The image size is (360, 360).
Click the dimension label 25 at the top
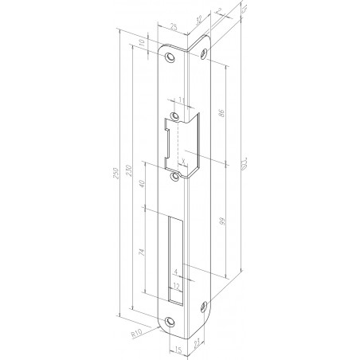click(174, 26)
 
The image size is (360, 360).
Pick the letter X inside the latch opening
click(183, 162)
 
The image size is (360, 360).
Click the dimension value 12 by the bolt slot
click(178, 284)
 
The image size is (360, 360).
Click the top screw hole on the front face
click(170, 59)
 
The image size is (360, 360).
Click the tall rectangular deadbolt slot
click(176, 259)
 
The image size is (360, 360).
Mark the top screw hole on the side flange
click(205, 53)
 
